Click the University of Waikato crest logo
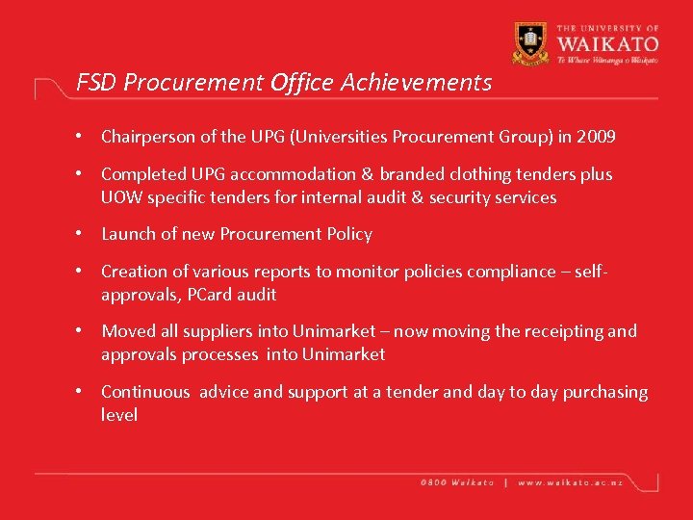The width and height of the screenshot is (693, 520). point(531,42)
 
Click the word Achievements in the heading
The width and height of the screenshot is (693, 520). point(416,83)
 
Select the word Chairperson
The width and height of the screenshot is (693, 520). point(148,137)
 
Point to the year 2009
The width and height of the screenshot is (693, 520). point(597,137)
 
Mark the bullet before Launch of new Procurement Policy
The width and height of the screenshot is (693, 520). point(84,234)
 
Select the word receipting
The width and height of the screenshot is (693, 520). point(562,331)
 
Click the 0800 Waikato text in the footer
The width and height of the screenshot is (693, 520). point(457,481)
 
